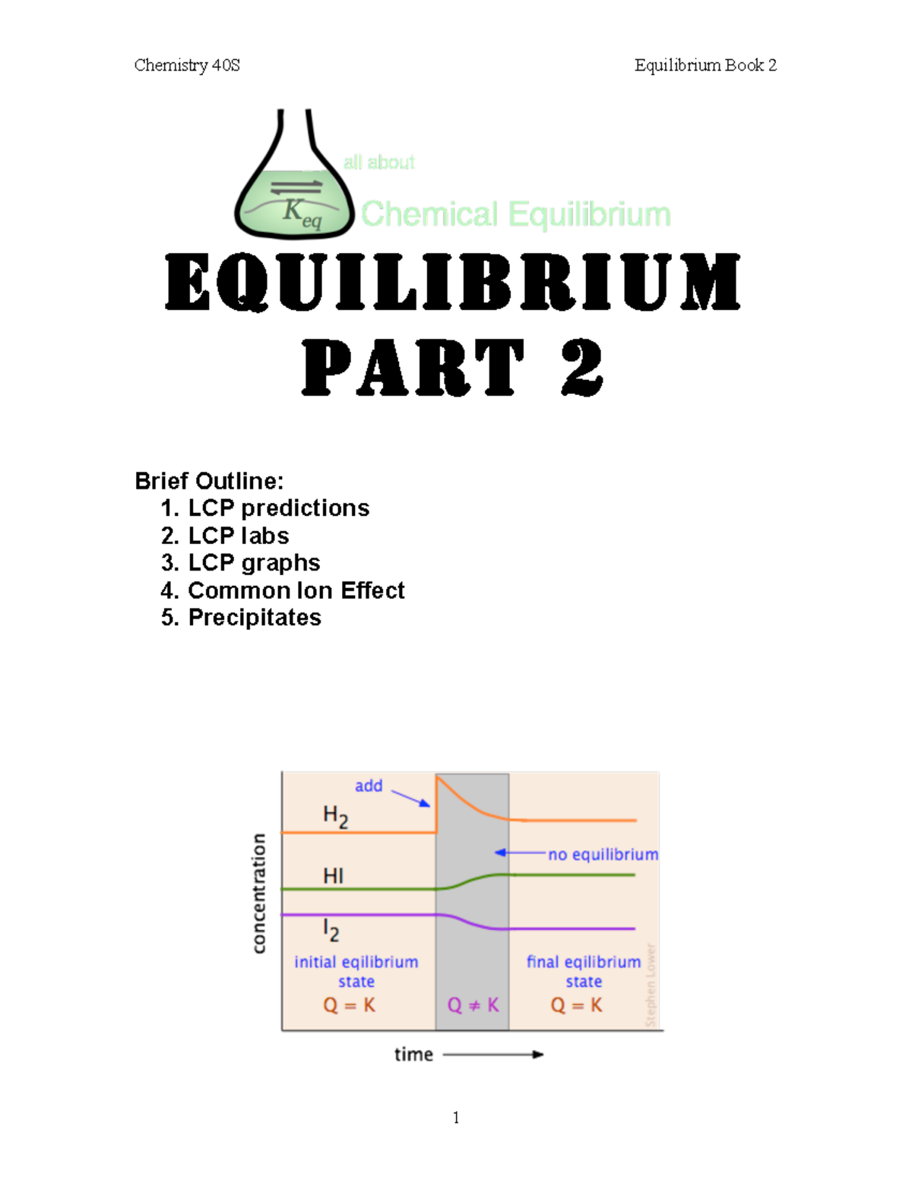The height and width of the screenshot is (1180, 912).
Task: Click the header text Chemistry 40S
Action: pyautogui.click(x=187, y=65)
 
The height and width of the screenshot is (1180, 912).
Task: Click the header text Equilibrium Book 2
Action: pyautogui.click(x=705, y=65)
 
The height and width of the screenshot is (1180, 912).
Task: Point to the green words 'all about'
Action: pyautogui.click(x=378, y=162)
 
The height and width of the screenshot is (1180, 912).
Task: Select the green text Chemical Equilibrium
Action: pyautogui.click(x=515, y=214)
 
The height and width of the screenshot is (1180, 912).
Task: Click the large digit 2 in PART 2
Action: pyautogui.click(x=582, y=368)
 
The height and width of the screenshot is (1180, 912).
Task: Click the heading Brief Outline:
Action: pyautogui.click(x=209, y=481)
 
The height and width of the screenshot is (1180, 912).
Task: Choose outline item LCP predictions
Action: pyautogui.click(x=278, y=508)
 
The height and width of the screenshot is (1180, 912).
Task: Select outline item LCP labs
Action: pyautogui.click(x=239, y=536)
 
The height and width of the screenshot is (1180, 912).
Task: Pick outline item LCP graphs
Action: pyautogui.click(x=254, y=562)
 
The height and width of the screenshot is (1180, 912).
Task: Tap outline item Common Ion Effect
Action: pyautogui.click(x=296, y=590)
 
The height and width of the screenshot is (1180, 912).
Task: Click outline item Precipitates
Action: pyautogui.click(x=255, y=617)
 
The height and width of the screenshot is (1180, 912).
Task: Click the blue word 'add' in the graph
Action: pyautogui.click(x=369, y=786)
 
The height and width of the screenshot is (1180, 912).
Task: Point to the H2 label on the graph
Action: pyautogui.click(x=335, y=817)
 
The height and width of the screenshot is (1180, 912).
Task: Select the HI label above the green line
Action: pyautogui.click(x=333, y=876)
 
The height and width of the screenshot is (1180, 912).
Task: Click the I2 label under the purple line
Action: pyautogui.click(x=331, y=929)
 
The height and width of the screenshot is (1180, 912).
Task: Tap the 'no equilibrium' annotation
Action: pyautogui.click(x=603, y=854)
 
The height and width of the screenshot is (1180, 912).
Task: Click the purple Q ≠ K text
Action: pyautogui.click(x=473, y=1005)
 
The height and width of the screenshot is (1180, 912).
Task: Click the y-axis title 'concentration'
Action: pyautogui.click(x=259, y=893)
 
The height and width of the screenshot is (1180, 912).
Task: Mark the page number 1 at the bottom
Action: pyautogui.click(x=456, y=1117)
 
